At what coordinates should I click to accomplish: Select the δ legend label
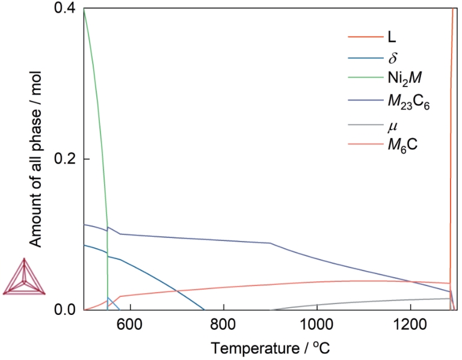point(391,58)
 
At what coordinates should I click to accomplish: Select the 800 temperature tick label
point(224,323)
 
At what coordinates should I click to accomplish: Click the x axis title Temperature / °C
point(269,347)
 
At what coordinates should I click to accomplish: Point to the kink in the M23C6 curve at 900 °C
point(270,243)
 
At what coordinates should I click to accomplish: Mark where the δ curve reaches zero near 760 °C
point(205,310)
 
